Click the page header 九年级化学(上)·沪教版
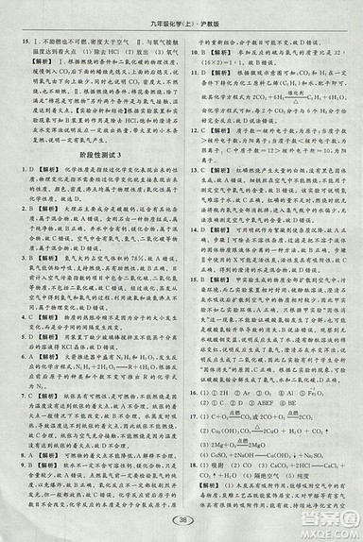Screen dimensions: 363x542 (x=181, y=12)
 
